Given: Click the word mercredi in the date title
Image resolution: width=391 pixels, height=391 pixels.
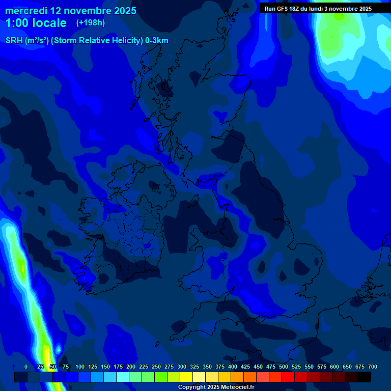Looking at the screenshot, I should tap(25, 11).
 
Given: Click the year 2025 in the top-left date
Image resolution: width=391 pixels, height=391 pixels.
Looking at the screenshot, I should tap(121, 11).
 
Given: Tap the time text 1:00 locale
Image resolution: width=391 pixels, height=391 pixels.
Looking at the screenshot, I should tap(36, 23).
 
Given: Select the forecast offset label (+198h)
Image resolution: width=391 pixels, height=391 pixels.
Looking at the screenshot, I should tap(91, 22).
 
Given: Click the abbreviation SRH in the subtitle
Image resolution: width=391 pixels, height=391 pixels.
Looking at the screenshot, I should tap(14, 41).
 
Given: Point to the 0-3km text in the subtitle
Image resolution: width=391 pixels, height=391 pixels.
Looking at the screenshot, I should tap(157, 41).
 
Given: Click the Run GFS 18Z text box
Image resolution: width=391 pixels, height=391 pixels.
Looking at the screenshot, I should tap(318, 9).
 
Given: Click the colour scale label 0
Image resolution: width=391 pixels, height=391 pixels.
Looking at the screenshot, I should tap(26, 367).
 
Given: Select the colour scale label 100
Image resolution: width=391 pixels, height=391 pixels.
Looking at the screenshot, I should tap(80, 367).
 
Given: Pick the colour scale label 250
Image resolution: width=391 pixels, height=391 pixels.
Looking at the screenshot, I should tap(156, 367).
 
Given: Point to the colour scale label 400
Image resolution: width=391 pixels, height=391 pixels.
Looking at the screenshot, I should tap(233, 367).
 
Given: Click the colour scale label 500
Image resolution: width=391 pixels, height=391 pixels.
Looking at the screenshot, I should tap(284, 367).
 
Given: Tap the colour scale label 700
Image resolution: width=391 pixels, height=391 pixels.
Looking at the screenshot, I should tap(373, 367).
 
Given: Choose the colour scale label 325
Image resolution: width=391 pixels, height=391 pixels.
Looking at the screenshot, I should tap(194, 367).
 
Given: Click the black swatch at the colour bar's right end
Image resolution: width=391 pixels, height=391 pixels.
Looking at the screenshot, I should tap(365, 377).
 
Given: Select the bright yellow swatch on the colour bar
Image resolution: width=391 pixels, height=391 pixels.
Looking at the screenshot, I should tap(186, 377).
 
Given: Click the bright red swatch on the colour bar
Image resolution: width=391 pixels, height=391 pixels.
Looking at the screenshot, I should tap(288, 377).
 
